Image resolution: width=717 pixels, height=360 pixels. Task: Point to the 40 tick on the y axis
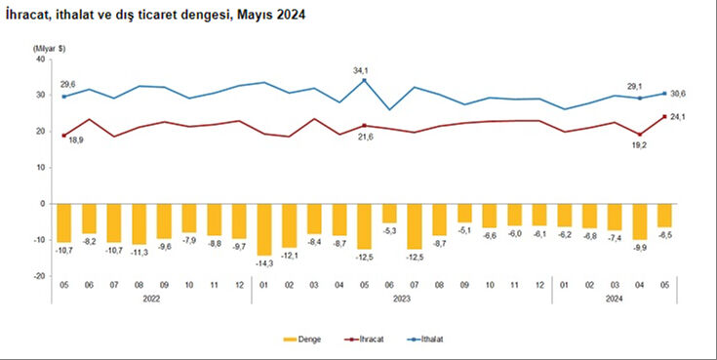click(x=41, y=59)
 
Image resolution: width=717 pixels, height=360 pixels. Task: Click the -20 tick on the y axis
click(x=40, y=276)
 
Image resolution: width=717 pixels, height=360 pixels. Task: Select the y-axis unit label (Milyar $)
click(x=48, y=47)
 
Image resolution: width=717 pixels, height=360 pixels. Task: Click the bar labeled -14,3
click(x=264, y=229)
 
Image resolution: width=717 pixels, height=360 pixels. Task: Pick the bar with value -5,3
click(x=390, y=214)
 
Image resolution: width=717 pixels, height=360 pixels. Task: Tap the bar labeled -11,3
click(x=139, y=223)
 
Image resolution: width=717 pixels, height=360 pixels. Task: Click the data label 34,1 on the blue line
click(x=364, y=69)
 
